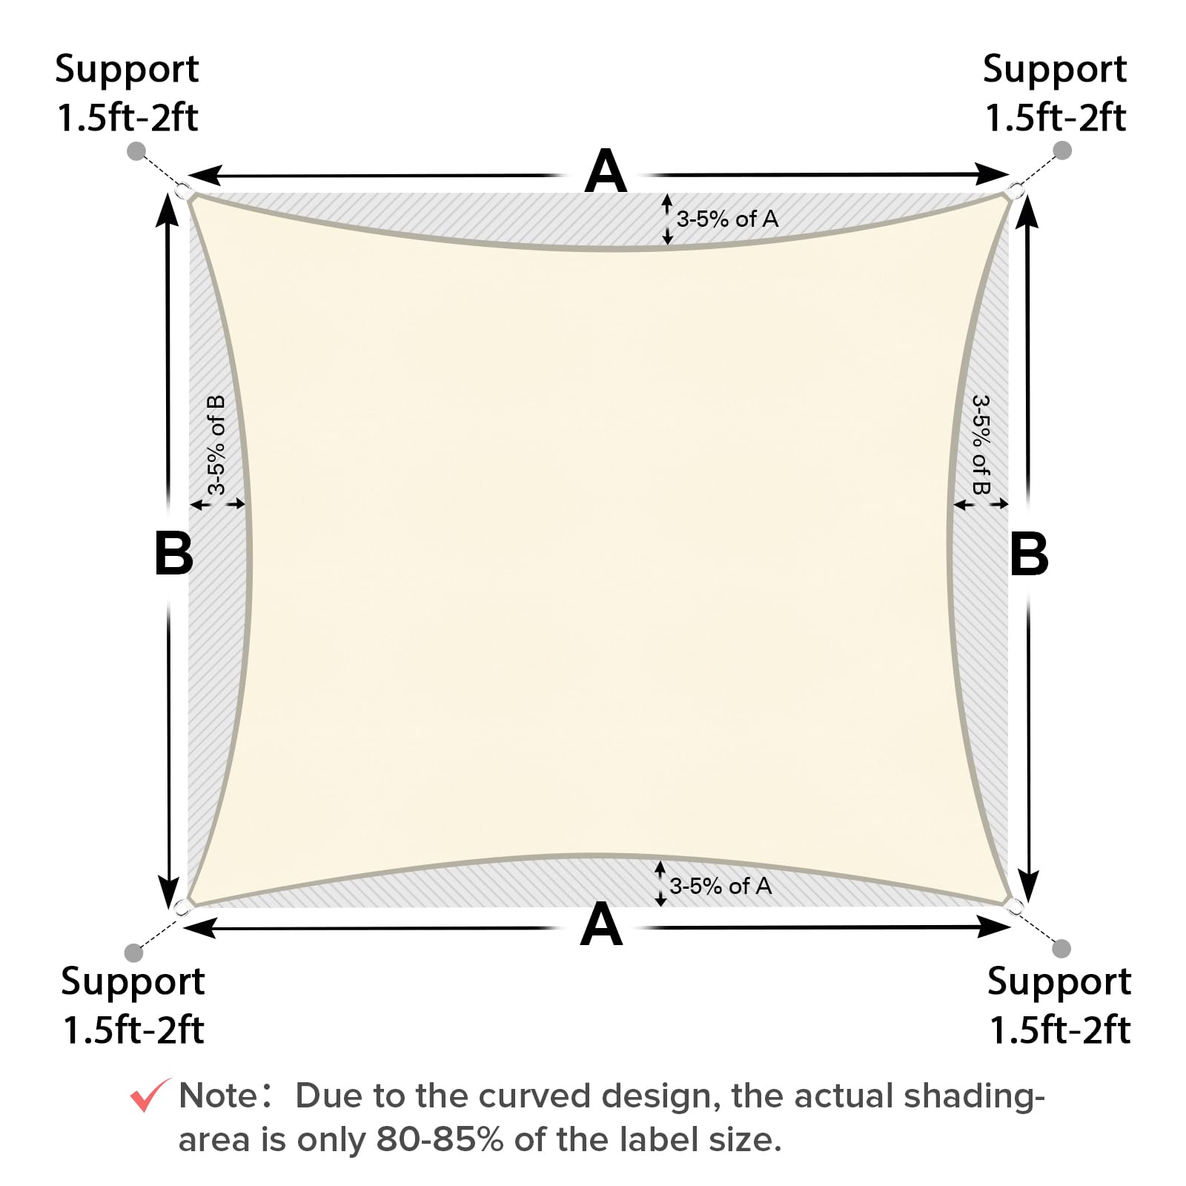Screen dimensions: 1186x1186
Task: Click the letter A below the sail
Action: [601, 925]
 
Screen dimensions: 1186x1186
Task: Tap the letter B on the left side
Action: [173, 554]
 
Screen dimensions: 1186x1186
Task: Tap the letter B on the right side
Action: [1029, 554]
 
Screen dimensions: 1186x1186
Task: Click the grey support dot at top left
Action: [136, 151]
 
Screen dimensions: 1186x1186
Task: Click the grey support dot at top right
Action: [1062, 150]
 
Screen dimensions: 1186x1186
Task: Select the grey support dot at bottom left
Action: [133, 952]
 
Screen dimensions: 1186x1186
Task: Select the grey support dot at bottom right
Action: [1061, 948]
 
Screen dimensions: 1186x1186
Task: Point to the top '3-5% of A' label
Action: [727, 219]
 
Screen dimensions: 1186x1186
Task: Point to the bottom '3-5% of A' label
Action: [720, 886]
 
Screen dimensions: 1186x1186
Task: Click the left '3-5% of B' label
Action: [216, 445]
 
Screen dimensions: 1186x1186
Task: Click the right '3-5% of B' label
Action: [981, 445]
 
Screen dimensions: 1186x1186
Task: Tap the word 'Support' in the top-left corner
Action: [127, 70]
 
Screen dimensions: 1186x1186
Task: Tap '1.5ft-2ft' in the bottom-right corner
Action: [1060, 1030]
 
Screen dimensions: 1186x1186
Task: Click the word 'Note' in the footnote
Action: [217, 1096]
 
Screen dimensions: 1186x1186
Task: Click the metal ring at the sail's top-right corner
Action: [1017, 192]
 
